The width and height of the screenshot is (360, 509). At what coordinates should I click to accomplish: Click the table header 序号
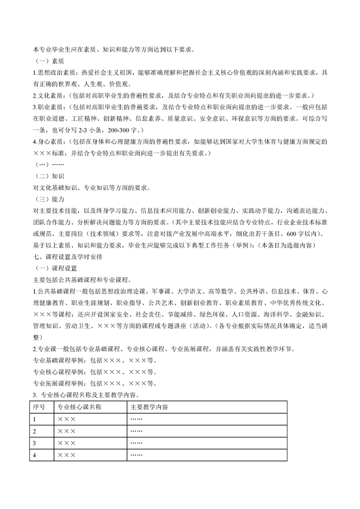(39, 407)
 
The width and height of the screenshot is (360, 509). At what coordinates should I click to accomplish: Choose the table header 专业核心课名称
(79, 407)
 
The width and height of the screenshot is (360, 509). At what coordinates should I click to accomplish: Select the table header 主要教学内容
(149, 407)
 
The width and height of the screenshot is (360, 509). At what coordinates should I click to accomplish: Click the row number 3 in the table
(35, 443)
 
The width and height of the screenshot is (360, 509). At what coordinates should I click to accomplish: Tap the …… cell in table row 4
(136, 455)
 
